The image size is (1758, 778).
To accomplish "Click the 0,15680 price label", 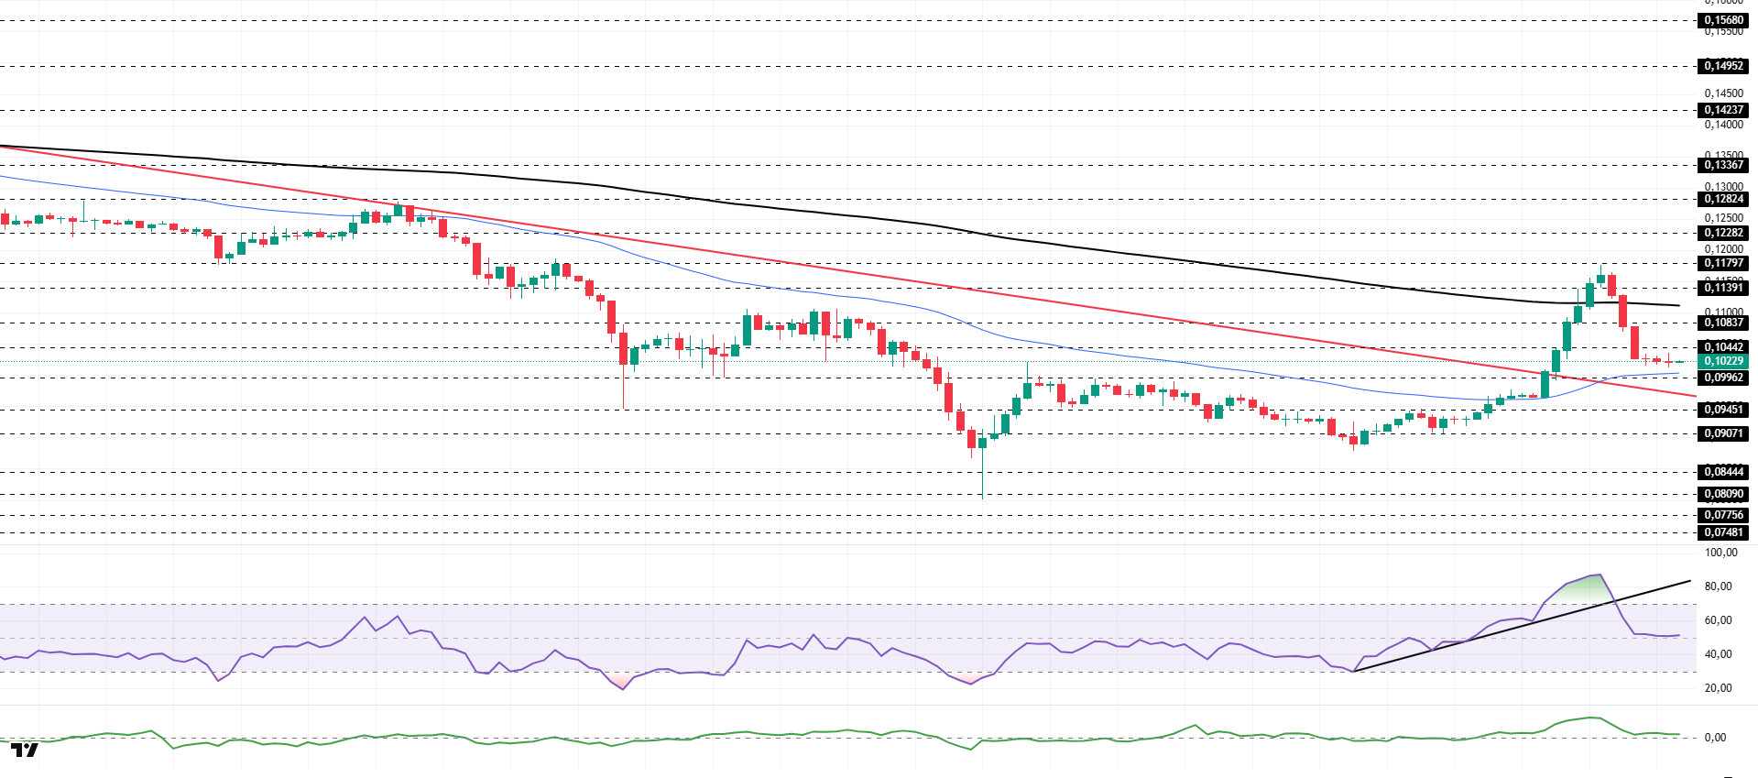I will (1723, 20).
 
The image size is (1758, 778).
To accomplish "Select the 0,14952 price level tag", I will (1723, 66).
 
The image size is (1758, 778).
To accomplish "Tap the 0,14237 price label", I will (1723, 110).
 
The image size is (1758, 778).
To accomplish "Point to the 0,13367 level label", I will (1723, 165).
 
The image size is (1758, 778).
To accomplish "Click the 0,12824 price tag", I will (1723, 199).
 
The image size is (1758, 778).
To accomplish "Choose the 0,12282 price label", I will (1723, 233).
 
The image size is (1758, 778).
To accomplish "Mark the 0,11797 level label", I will (1723, 263).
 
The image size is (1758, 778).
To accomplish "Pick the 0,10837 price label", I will (1723, 323).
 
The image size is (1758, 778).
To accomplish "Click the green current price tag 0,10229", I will (1723, 361).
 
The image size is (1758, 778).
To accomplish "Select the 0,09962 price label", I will (1723, 378).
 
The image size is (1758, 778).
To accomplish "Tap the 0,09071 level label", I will (1723, 433).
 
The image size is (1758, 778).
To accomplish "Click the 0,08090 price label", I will (1723, 494).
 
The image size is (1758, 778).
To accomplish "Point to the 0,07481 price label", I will (1723, 532).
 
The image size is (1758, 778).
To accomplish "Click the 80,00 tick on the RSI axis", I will (1718, 586).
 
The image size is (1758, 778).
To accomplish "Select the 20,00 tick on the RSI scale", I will (1718, 688).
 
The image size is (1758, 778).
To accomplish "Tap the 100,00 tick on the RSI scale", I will (1720, 553).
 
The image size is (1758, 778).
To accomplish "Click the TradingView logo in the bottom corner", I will (25, 751).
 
